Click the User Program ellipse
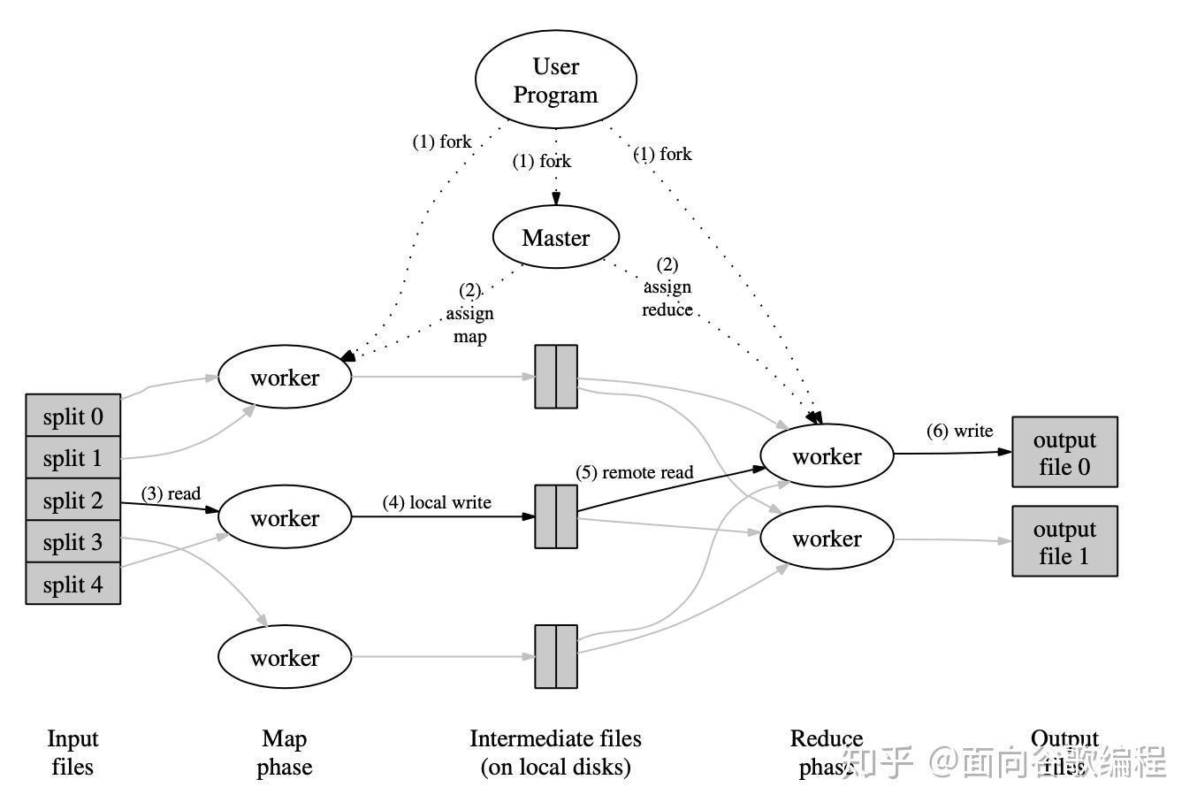(556, 80)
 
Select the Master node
(555, 238)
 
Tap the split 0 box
(73, 416)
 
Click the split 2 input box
(73, 501)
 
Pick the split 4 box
(73, 585)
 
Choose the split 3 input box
(73, 542)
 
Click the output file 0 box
(1064, 453)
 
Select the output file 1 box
(1064, 542)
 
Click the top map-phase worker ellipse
(285, 378)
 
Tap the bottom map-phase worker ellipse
(285, 658)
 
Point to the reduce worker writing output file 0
(827, 456)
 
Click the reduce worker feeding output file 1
(827, 539)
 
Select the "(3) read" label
(171, 493)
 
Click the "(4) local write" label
(437, 502)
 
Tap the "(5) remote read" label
(635, 472)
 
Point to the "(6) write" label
(959, 431)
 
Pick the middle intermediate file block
(556, 516)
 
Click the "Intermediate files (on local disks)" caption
(555, 753)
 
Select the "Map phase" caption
(285, 753)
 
